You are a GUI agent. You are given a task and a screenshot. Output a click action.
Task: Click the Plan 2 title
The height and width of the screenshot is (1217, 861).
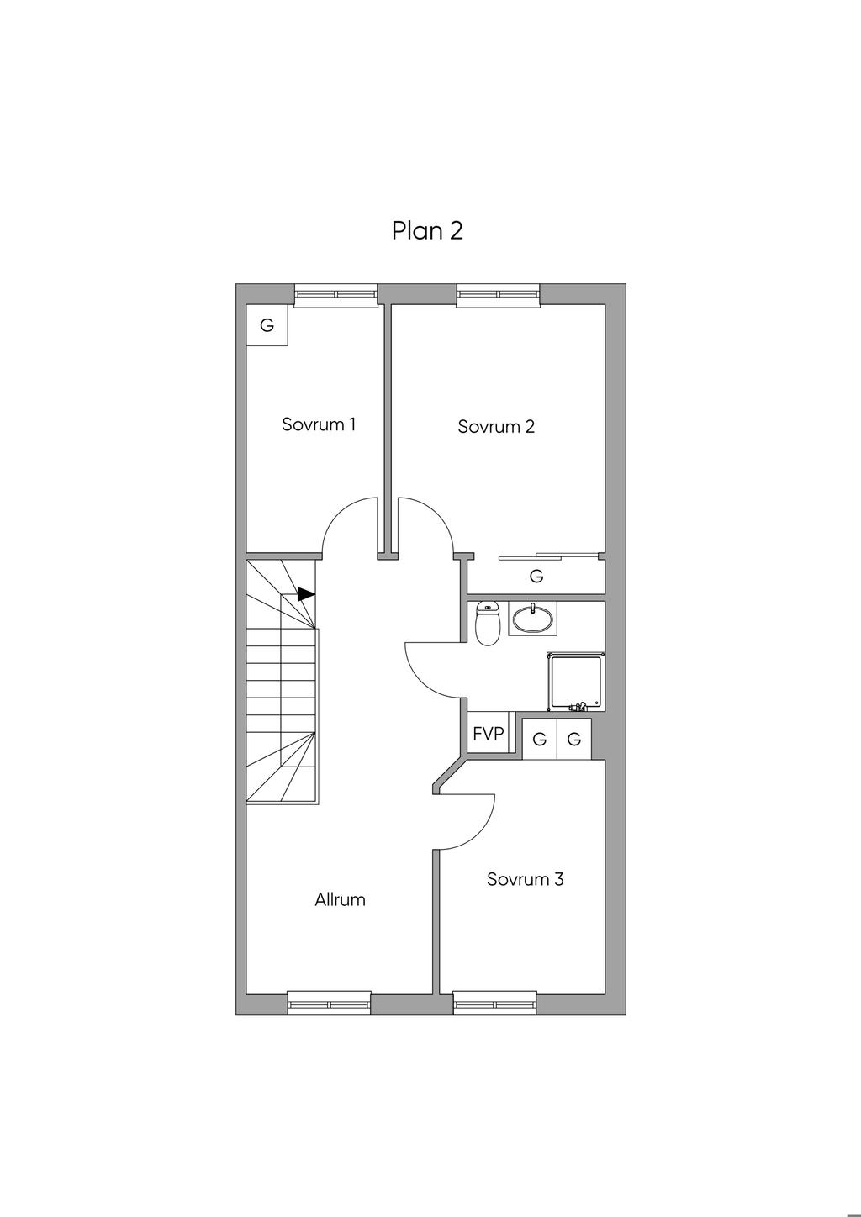(x=427, y=231)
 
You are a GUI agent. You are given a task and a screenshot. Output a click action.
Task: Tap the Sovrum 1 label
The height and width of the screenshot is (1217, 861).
(x=319, y=424)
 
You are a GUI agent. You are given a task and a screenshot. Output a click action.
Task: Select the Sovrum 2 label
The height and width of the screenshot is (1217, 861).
(x=496, y=426)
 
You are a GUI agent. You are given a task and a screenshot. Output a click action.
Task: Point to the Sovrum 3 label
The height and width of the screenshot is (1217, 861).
(x=525, y=878)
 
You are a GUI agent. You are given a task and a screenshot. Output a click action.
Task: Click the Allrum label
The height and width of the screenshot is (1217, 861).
(x=340, y=899)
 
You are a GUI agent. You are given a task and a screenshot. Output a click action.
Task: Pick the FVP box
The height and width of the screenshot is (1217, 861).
(x=489, y=734)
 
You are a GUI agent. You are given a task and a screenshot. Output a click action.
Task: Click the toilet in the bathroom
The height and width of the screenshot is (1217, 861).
(x=487, y=623)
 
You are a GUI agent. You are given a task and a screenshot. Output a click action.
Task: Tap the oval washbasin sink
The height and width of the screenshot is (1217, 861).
(x=533, y=619)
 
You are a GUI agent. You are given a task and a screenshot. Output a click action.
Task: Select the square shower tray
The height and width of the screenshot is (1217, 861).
(x=576, y=682)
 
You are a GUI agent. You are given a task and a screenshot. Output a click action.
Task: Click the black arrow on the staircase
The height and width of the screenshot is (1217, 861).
(x=307, y=594)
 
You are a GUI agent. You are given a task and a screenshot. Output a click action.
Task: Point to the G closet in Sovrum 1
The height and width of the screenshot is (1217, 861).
(x=267, y=325)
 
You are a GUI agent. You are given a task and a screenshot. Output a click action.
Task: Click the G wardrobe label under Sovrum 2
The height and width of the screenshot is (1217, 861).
(x=536, y=576)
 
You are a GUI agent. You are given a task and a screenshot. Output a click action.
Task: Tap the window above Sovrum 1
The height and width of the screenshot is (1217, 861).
(x=336, y=295)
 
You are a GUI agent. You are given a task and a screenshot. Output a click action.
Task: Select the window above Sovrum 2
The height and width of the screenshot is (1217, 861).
(x=499, y=295)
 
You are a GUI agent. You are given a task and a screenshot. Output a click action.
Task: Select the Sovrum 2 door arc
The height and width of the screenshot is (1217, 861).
(x=438, y=514)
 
